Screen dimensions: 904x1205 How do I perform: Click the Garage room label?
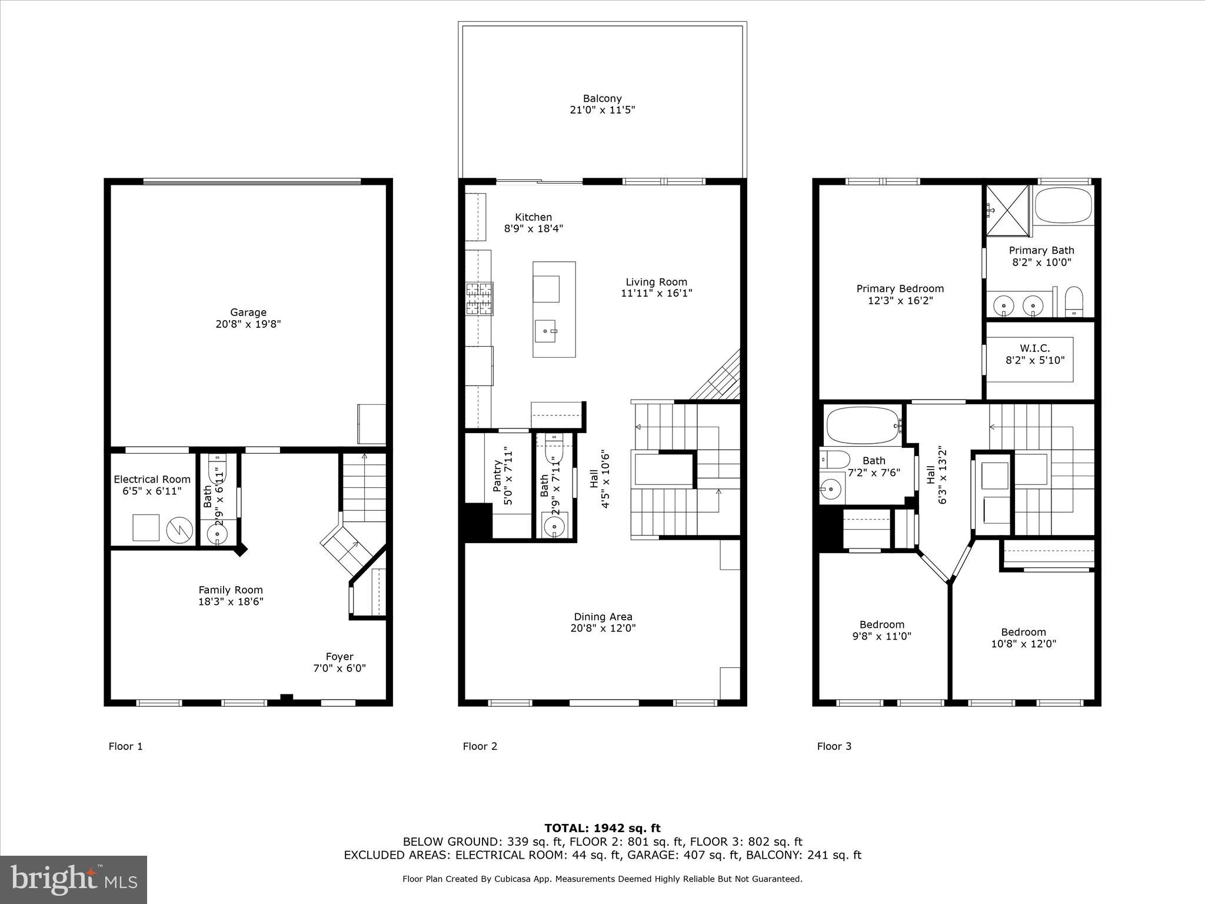tap(248, 313)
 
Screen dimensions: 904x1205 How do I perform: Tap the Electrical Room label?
tap(152, 479)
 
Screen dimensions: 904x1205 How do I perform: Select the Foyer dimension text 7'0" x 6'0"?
tap(339, 668)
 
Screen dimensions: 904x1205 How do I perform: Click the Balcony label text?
tap(602, 99)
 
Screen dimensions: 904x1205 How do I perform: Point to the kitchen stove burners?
tap(479, 299)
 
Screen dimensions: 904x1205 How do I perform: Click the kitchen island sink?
tap(545, 331)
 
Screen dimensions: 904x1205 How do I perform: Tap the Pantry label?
tap(497, 476)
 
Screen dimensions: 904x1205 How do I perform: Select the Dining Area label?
tap(603, 617)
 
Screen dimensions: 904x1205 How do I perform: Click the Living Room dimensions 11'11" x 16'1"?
tap(656, 293)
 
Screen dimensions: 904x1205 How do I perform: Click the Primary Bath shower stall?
tap(1007, 210)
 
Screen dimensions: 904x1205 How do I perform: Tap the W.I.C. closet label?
tap(1035, 348)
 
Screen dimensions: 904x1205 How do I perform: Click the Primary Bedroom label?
tap(900, 288)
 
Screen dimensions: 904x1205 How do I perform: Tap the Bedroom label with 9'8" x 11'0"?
tap(881, 624)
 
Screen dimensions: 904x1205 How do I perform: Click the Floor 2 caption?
tap(480, 746)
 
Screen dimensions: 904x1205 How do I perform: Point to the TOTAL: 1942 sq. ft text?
tap(602, 829)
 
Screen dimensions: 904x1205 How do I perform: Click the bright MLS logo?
tap(74, 879)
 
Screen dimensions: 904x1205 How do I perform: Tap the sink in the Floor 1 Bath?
tap(218, 534)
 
